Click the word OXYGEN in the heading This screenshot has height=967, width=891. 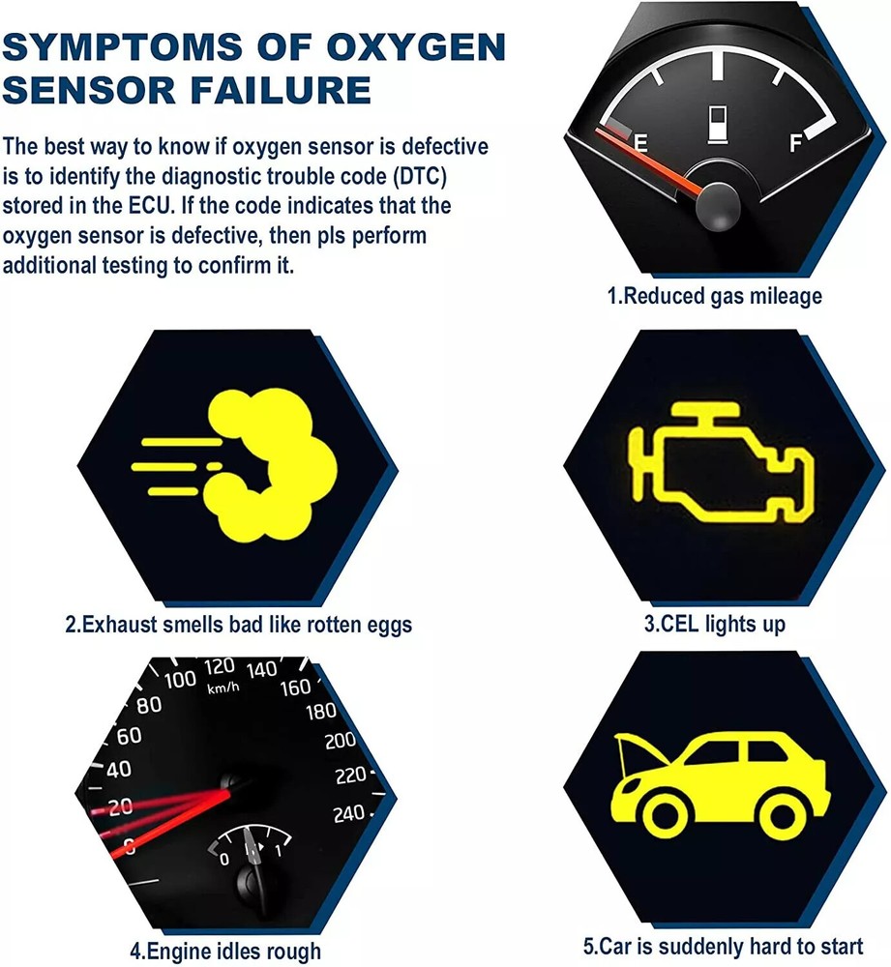coord(415,46)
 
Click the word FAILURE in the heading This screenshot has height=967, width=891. coord(281,89)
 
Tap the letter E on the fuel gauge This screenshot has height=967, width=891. coord(641,144)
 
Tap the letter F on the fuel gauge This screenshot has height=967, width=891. coord(796,144)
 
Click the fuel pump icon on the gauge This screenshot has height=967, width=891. coord(718,125)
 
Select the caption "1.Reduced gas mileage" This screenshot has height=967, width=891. coord(715,297)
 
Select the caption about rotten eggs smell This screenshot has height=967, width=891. coord(238,625)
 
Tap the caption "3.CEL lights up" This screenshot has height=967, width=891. coord(715,624)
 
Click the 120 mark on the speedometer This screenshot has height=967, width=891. coord(220,666)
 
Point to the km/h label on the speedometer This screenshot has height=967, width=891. coord(223,688)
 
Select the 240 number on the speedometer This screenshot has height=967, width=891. coord(349,814)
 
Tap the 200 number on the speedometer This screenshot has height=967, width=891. coord(341,740)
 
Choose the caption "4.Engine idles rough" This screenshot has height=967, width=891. coord(225,951)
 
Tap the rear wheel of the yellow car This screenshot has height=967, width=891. coord(783,817)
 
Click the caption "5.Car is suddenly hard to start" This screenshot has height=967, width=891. coord(724,946)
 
